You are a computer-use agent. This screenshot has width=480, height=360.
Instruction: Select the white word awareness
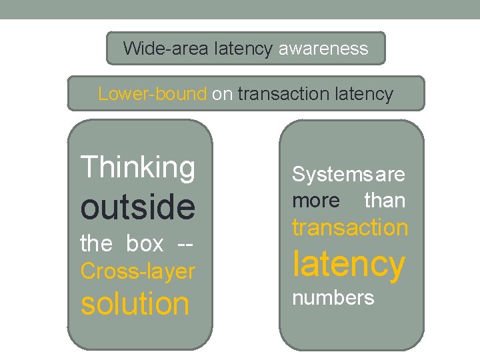tap(323, 48)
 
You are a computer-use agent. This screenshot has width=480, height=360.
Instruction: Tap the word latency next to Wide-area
tap(243, 48)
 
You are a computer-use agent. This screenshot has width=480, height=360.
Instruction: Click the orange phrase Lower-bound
tap(152, 94)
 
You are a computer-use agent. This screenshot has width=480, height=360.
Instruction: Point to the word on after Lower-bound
tap(222, 94)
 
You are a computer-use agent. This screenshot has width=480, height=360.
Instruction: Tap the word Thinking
tap(138, 167)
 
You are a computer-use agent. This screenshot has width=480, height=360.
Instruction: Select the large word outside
tap(138, 207)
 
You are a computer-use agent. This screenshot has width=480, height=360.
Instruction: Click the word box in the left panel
tap(145, 244)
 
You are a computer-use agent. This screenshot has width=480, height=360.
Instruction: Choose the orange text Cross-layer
tap(137, 271)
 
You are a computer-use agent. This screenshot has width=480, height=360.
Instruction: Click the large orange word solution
tap(135, 303)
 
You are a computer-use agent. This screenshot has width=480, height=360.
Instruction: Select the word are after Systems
tap(391, 175)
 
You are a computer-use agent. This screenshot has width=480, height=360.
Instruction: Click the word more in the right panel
tap(316, 200)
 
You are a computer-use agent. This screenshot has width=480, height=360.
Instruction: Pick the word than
tap(385, 200)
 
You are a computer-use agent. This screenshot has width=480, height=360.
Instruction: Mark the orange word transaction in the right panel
tap(350, 227)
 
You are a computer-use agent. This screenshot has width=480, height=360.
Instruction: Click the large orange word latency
tap(349, 264)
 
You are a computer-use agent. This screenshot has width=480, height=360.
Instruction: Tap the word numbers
tap(333, 297)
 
